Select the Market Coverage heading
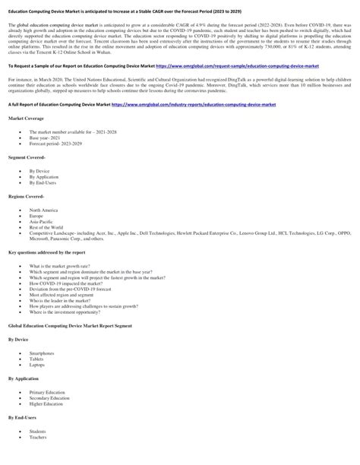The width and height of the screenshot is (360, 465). pyautogui.click(x=26, y=119)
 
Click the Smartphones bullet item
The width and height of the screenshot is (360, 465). pyautogui.click(x=43, y=353)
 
